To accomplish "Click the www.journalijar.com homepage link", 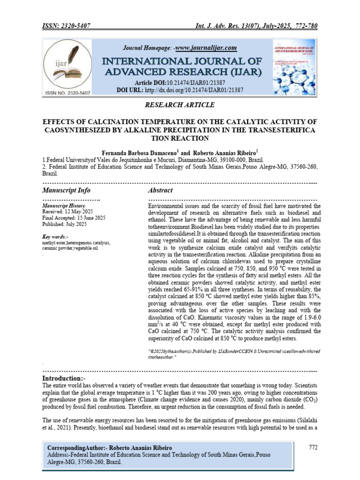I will (x=206, y=48).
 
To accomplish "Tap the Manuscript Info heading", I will (x=66, y=190).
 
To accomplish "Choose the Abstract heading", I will (x=160, y=190).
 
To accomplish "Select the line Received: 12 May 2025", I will (x=68, y=212).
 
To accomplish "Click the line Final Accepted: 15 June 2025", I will (x=74, y=218).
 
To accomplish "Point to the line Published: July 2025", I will (x=64, y=224).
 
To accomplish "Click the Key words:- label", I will (x=55, y=237).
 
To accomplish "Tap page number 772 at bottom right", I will (x=313, y=447).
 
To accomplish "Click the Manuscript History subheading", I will (x=64, y=206).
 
